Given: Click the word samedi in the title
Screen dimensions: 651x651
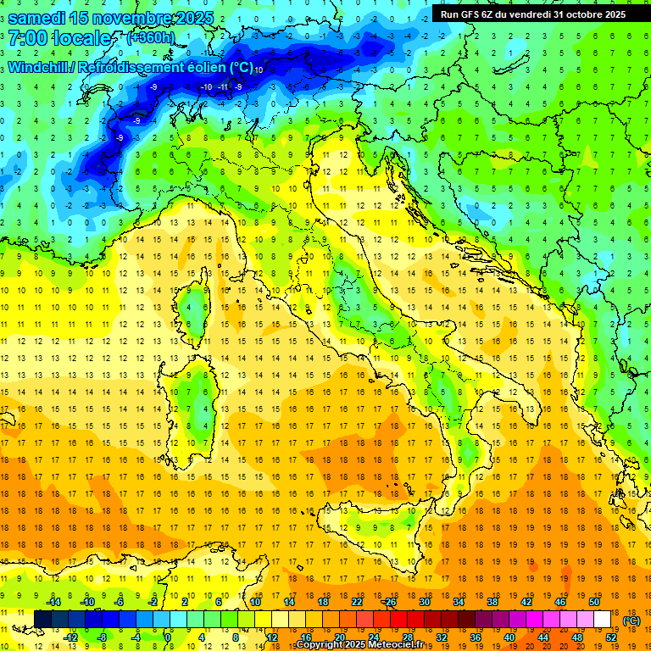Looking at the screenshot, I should point(39,17).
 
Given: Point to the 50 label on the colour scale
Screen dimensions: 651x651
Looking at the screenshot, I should point(594,602).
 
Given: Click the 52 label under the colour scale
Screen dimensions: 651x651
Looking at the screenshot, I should point(611,637).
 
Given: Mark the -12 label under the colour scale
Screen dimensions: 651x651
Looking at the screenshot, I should point(70,637).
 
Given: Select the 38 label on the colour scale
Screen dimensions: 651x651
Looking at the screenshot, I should point(492,602).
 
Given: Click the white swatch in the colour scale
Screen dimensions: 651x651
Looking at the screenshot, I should point(603,620).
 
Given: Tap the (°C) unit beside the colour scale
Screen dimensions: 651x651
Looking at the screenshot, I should point(632,620).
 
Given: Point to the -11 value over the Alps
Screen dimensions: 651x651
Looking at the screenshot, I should point(222,86).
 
